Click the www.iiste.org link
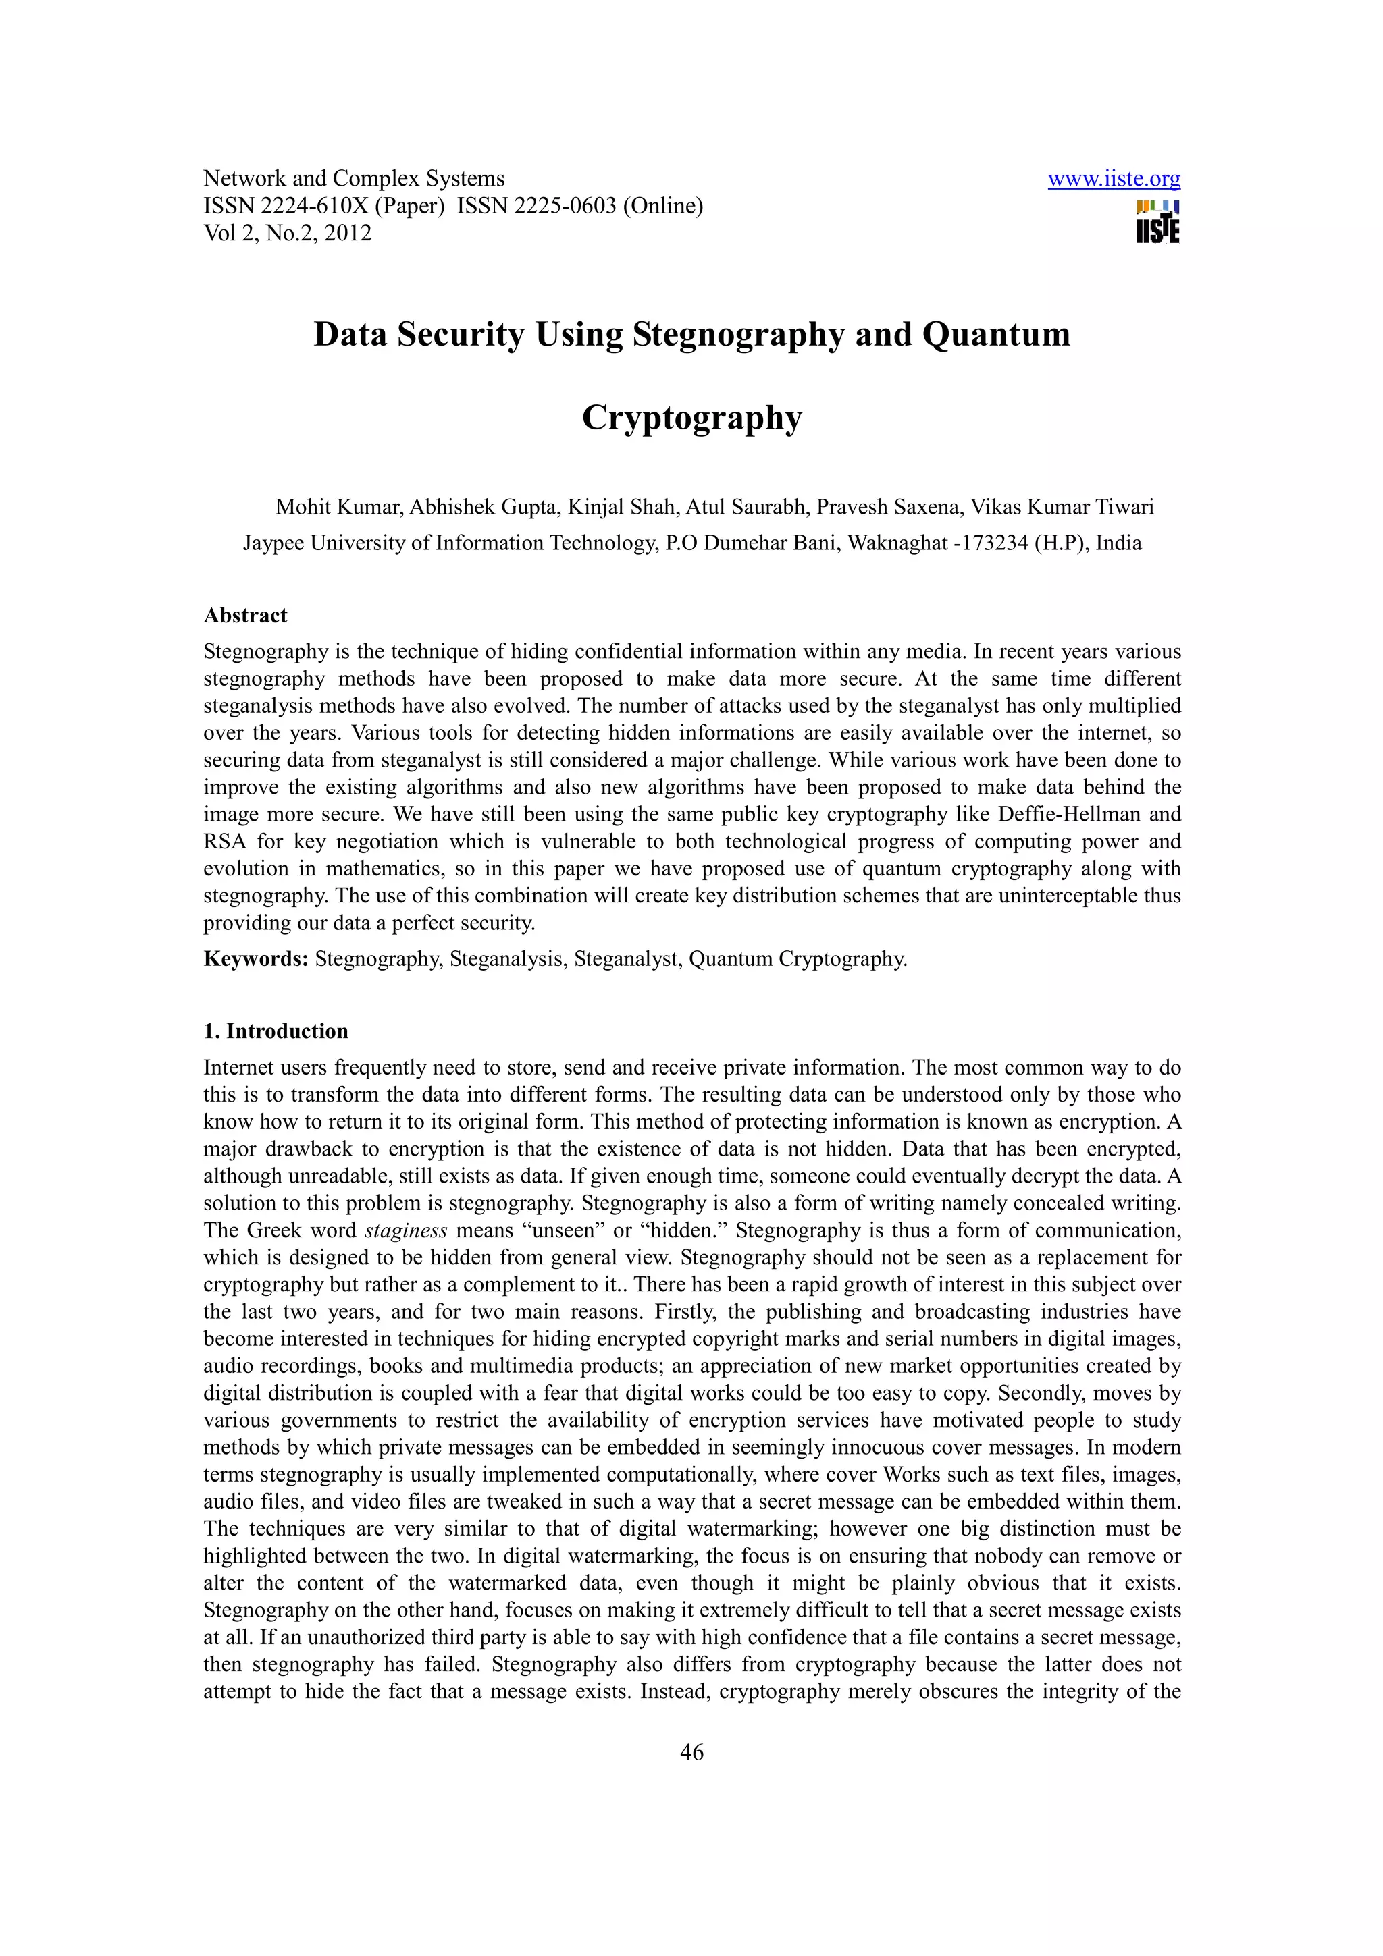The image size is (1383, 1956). (1114, 179)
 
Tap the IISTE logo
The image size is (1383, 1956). (1158, 222)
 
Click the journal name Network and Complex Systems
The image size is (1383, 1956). (354, 179)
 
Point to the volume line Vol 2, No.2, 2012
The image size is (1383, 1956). (287, 234)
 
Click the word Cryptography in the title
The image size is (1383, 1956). (692, 417)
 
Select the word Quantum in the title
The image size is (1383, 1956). (995, 334)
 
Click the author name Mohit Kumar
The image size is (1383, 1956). (338, 508)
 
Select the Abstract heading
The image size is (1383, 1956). (245, 616)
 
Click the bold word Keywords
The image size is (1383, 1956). (256, 959)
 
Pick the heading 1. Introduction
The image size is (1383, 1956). (276, 1032)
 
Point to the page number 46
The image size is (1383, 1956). (692, 1752)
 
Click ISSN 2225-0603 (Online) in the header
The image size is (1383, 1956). (580, 206)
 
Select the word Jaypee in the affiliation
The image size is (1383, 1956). (273, 543)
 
